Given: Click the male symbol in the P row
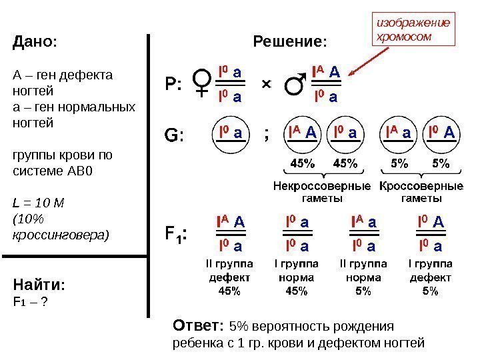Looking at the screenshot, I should click(293, 84).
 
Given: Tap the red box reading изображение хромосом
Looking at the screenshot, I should click(413, 29).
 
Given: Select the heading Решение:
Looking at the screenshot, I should click(291, 43).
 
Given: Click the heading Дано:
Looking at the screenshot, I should click(35, 42).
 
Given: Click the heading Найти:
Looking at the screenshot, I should click(39, 285).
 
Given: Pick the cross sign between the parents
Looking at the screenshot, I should click(267, 85).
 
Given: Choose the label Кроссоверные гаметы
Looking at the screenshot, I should click(421, 192).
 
